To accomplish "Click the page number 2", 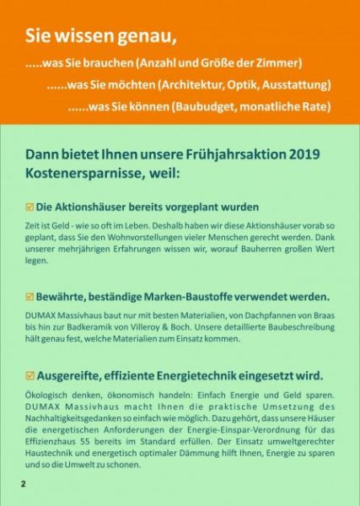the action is pyautogui.click(x=24, y=485).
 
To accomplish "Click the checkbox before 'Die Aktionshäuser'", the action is pyautogui.click(x=30, y=206).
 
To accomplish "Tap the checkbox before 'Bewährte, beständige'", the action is pyautogui.click(x=30, y=296).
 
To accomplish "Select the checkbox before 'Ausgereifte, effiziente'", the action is pyautogui.click(x=30, y=375).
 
